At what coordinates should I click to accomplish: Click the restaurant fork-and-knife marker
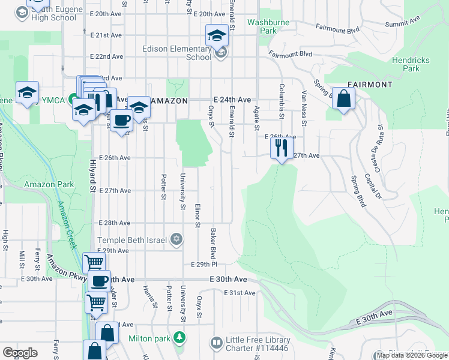(281, 148)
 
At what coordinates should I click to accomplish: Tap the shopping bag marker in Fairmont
(344, 100)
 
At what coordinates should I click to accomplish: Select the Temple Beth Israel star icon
(176, 239)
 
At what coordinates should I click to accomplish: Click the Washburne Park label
(261, 26)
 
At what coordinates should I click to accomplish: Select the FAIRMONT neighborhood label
(370, 84)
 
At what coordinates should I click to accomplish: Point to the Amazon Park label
(49, 184)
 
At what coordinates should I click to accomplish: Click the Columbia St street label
(280, 100)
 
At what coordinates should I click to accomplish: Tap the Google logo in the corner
(20, 353)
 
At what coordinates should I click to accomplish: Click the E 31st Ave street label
(240, 293)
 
